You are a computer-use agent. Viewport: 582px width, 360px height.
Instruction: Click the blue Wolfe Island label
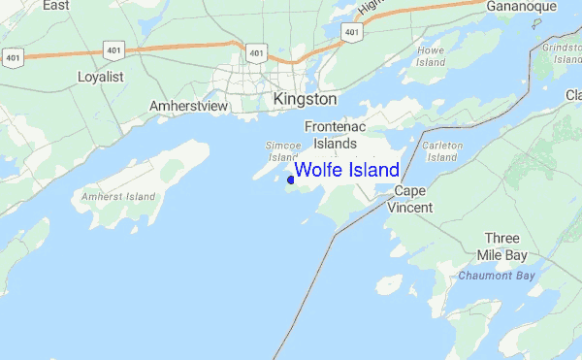[346, 171]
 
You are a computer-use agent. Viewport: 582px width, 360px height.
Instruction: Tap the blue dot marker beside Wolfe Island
[291, 179]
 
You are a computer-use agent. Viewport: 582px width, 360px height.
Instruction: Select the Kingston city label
[306, 100]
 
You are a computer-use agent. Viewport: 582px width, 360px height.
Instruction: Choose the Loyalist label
[100, 75]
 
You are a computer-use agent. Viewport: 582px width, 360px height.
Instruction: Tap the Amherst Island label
[119, 197]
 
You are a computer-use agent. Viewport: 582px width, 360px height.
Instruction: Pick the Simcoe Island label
[281, 150]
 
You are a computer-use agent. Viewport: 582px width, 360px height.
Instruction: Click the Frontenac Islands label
[331, 135]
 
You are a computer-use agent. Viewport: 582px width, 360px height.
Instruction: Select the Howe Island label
[430, 55]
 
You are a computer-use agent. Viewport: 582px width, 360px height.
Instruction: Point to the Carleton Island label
[441, 150]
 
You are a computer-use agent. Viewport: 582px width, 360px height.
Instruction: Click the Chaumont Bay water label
[496, 276]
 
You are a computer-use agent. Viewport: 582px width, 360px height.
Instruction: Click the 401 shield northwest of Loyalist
[12, 56]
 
